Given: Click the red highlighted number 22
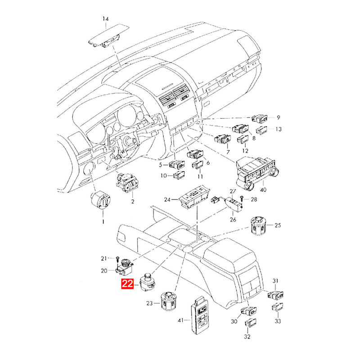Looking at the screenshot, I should [x=127, y=284].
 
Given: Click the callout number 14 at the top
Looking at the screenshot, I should [x=105, y=19].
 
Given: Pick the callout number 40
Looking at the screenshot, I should [x=264, y=189].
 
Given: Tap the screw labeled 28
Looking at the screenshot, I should [x=242, y=198].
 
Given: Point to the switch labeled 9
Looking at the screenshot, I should [x=261, y=119].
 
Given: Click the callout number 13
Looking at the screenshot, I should [x=279, y=129].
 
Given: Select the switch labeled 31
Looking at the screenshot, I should [x=275, y=296].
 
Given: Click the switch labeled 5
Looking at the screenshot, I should [x=176, y=165].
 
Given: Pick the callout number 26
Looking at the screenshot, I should [x=233, y=220].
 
